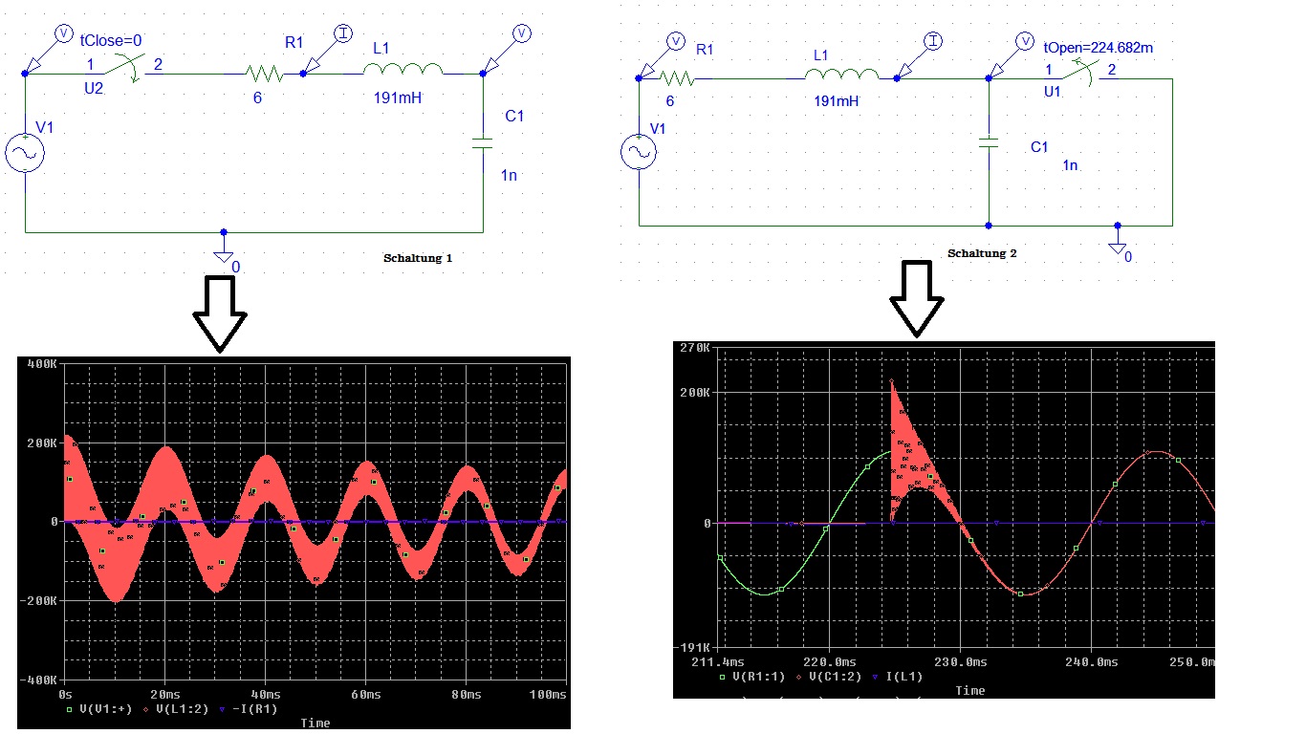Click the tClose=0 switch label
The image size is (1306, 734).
pos(111,41)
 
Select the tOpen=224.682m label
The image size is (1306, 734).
pos(1098,48)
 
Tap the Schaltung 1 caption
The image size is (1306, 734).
pos(418,258)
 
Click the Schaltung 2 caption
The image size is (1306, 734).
pos(982,253)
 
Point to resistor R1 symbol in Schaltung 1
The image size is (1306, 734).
pos(264,74)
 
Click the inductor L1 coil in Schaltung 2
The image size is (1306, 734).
pos(841,74)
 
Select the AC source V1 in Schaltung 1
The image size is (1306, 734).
pos(25,153)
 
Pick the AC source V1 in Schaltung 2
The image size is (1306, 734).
pos(639,152)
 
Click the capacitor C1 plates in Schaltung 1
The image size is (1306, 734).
pos(483,143)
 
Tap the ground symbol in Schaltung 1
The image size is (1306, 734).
pos(224,254)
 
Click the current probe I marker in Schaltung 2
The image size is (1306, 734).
pos(933,41)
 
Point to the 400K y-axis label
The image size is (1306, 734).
pos(42,364)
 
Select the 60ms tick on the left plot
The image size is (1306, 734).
pos(365,695)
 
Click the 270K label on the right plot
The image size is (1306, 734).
pos(694,348)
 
